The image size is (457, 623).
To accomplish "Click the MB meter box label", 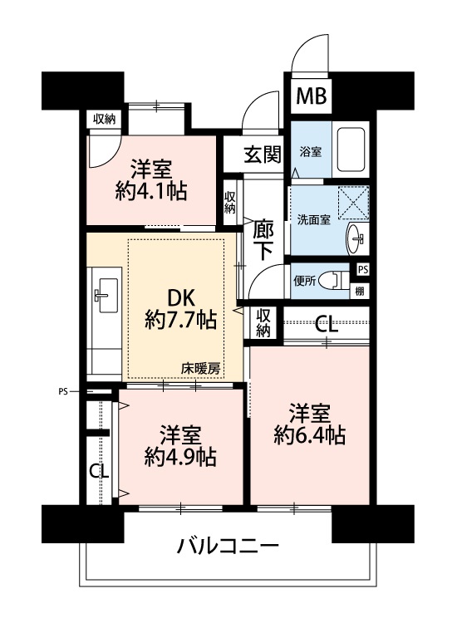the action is [312, 96].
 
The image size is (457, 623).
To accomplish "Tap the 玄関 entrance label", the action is [263, 155].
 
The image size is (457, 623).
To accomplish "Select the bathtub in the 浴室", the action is [351, 149].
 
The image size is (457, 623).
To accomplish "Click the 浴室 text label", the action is [311, 152].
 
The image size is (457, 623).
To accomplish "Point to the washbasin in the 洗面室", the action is [357, 238].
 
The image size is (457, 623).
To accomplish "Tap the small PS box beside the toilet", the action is [362, 269].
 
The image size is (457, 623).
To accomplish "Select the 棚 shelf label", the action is [360, 292].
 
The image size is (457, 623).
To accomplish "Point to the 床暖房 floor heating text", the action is [201, 369].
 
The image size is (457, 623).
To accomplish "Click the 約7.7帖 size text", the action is [181, 319].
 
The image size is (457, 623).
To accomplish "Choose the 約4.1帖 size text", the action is [151, 192].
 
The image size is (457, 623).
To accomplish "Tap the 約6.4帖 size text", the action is [309, 435].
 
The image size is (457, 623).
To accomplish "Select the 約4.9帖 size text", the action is [180, 457].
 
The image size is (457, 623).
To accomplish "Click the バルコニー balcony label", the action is [228, 546].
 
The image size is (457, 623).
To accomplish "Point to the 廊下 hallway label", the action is [263, 239].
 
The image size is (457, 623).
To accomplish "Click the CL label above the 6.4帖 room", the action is [327, 325].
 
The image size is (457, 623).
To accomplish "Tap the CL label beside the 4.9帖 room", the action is [99, 472].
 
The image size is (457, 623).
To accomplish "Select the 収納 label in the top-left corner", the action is [104, 119].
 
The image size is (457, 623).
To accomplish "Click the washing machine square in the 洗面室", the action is [353, 203].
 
